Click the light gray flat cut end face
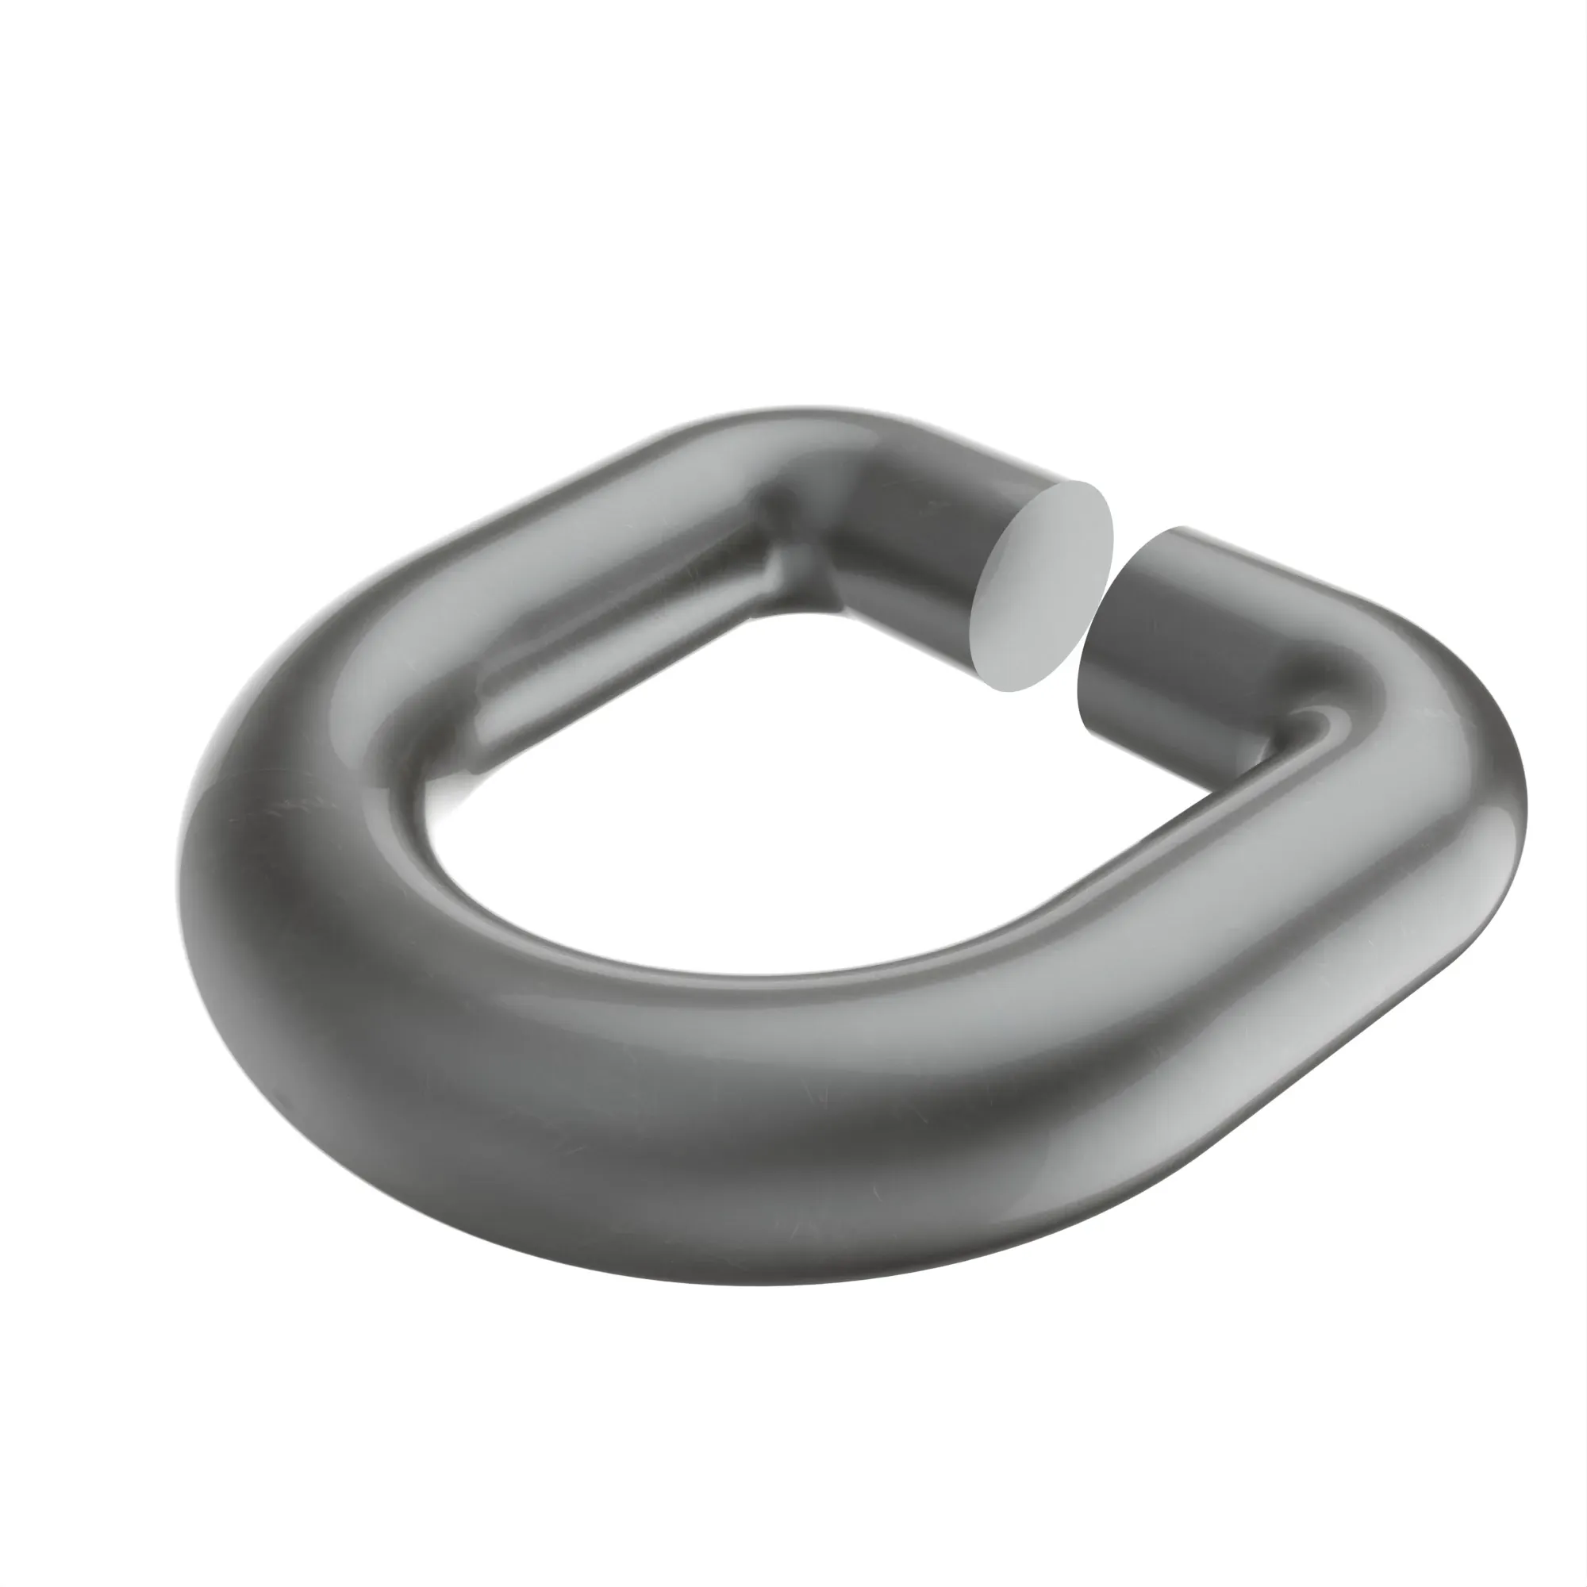point(1042,585)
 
